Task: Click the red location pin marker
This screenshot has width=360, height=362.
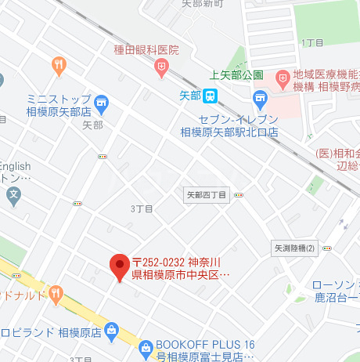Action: point(119,267)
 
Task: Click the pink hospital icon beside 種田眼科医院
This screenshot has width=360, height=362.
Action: point(161,68)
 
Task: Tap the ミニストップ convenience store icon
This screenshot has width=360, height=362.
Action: point(100,103)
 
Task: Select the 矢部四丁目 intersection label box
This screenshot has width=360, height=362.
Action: point(207,194)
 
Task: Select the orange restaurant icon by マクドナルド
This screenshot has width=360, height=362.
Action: point(55,295)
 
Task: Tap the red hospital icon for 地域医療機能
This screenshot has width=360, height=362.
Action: point(282,79)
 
